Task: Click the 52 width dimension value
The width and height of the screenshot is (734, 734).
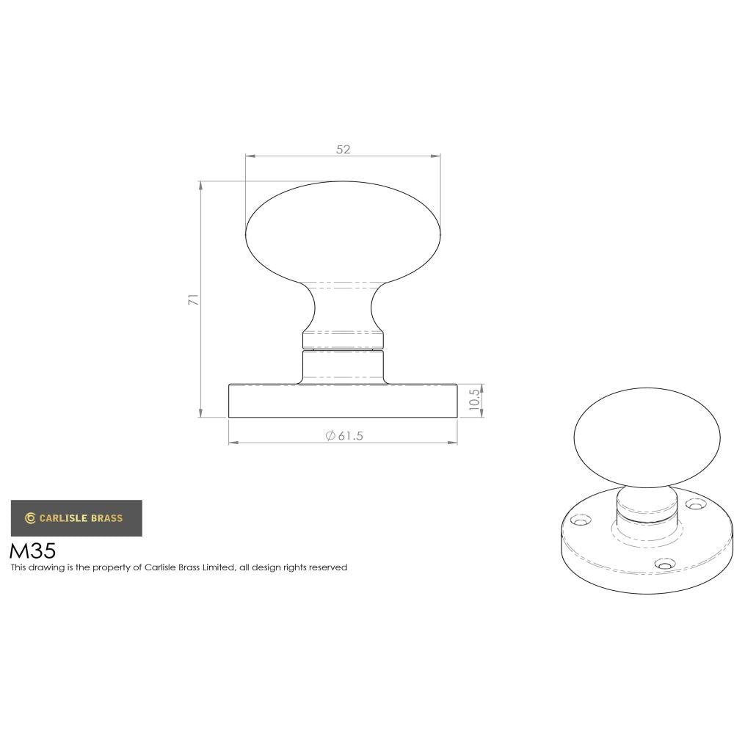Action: coord(344,149)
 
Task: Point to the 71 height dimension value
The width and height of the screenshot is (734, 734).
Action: coord(193,299)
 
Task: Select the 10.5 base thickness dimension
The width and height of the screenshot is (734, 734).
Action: coord(474,401)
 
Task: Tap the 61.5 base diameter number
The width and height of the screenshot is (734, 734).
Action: coord(351,436)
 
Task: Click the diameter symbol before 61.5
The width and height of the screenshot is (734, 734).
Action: coord(330,436)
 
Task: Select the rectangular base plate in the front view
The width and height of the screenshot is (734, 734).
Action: coord(344,401)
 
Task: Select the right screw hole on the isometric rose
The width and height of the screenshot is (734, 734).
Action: coord(693,504)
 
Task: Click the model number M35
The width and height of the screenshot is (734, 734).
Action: coord(32,550)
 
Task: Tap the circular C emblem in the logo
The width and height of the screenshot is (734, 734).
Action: coord(30,518)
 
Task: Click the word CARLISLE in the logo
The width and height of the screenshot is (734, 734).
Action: coord(63,518)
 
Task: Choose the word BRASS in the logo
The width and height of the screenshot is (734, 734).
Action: coord(107,518)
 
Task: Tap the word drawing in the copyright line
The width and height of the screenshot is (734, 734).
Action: coord(44,567)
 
